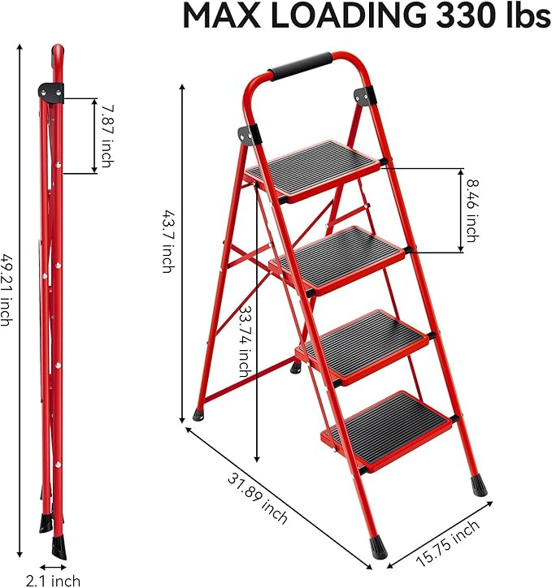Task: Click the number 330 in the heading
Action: (x=450, y=17)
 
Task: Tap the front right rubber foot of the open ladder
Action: (x=477, y=486)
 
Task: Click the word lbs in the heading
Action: (x=524, y=17)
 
